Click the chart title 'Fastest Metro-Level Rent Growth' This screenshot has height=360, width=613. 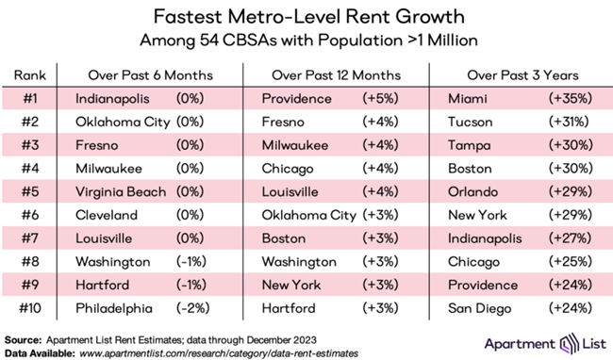[x=306, y=17]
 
